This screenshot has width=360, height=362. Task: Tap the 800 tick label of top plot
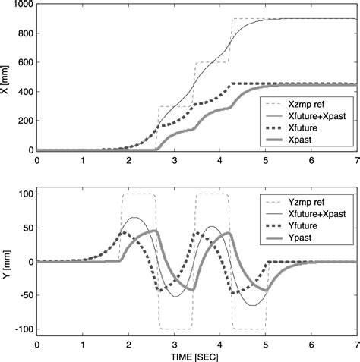click(x=24, y=33)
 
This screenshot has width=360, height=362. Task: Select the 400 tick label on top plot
click(x=24, y=92)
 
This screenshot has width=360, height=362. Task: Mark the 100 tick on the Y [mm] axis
click(x=24, y=195)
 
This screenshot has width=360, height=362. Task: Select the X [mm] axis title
click(x=7, y=77)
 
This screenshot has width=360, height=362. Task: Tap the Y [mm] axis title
click(x=7, y=263)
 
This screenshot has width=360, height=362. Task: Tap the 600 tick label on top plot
click(x=24, y=63)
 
